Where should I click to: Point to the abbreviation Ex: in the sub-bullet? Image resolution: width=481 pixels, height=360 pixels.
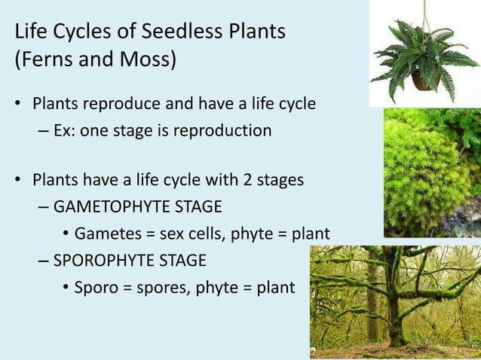[66, 130]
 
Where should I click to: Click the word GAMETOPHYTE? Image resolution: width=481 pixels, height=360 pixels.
[123, 207]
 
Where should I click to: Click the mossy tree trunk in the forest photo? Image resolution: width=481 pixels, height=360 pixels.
[394, 301]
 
